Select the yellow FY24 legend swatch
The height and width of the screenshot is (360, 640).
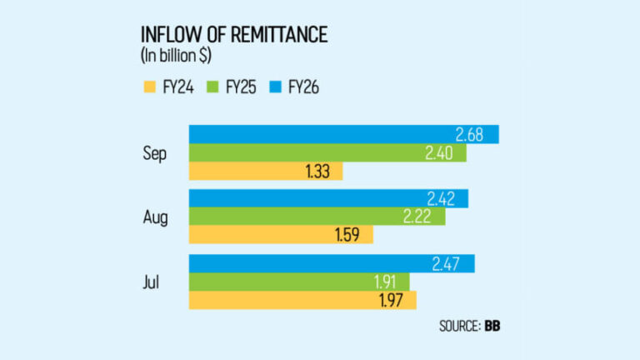pyautogui.click(x=151, y=85)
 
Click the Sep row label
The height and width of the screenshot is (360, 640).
pyautogui.click(x=156, y=153)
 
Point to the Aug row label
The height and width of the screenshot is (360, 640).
pyautogui.click(x=156, y=217)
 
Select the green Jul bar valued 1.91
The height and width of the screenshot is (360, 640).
pyautogui.click(x=292, y=282)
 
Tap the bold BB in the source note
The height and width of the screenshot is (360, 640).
pyautogui.click(x=492, y=326)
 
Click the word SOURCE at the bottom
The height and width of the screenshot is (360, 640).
pyautogui.click(x=459, y=326)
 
